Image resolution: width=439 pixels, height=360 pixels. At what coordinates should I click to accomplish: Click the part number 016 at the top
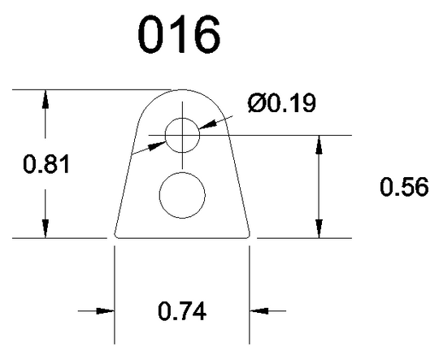click(x=179, y=34)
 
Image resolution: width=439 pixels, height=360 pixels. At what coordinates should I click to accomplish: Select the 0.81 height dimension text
click(x=46, y=165)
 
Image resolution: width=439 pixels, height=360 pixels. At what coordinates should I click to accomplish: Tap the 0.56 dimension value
click(x=404, y=186)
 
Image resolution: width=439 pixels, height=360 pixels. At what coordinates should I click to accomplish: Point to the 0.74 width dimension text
click(x=182, y=310)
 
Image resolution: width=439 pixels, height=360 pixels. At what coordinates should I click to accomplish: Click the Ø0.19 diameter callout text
click(x=282, y=102)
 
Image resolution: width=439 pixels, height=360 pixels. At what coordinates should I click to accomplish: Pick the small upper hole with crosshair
click(x=182, y=135)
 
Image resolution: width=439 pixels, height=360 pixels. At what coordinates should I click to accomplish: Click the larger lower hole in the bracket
click(x=182, y=195)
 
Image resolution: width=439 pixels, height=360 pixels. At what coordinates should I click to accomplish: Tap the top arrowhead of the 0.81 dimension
click(x=45, y=99)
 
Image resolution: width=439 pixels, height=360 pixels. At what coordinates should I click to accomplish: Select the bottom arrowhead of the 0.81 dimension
click(x=45, y=228)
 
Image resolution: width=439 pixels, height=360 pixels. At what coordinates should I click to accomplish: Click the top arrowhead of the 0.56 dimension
click(x=319, y=145)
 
